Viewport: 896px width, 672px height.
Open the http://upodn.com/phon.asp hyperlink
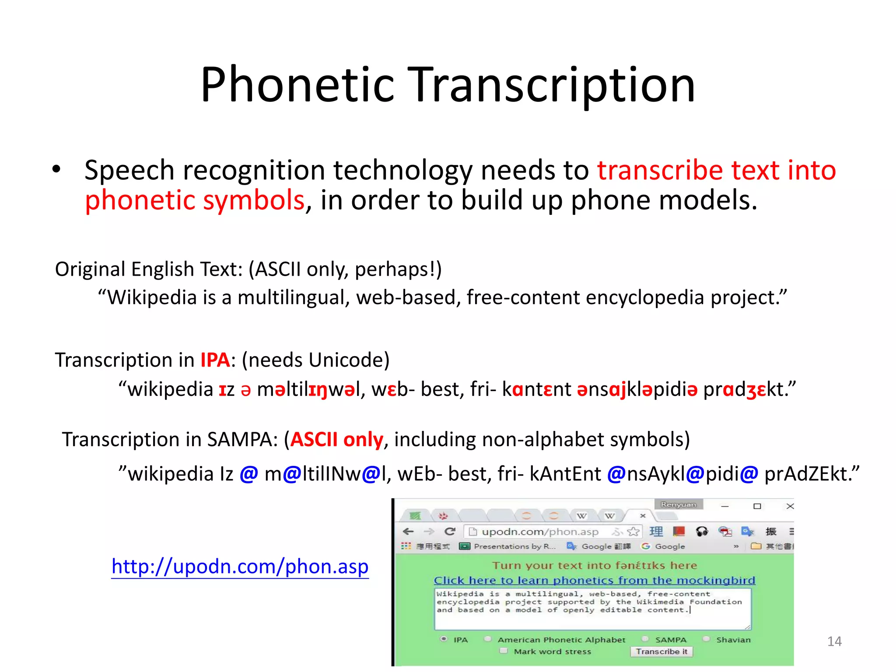(x=240, y=567)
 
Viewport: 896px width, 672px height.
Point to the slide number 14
(x=834, y=641)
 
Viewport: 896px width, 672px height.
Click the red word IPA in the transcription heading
(x=215, y=360)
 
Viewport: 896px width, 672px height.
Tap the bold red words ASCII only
(x=336, y=440)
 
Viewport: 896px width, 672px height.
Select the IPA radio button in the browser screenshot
(x=444, y=639)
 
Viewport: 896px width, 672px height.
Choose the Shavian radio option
(x=706, y=639)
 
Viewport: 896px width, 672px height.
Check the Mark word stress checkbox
(x=504, y=651)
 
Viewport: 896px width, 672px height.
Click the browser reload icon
(x=449, y=532)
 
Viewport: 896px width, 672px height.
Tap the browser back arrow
(x=408, y=532)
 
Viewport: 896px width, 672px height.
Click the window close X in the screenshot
(x=790, y=506)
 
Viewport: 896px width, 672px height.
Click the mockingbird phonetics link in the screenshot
(x=594, y=581)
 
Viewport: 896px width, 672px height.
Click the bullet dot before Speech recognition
(x=56, y=169)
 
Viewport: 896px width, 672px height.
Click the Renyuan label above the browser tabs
(x=678, y=504)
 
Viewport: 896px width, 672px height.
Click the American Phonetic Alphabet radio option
(x=488, y=639)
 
